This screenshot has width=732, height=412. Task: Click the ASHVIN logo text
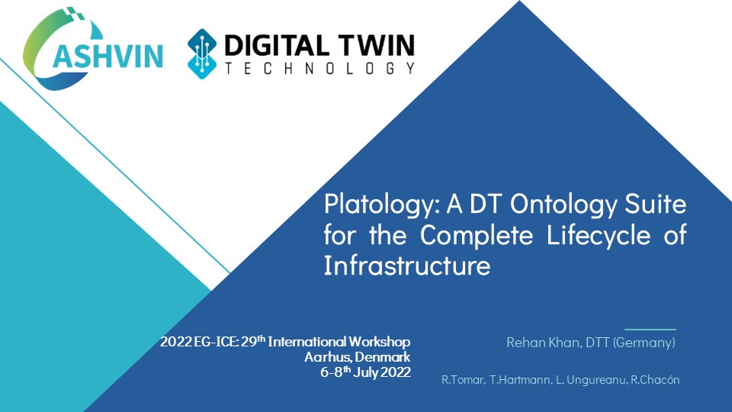(x=108, y=56)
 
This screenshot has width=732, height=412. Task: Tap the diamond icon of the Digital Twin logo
(x=201, y=53)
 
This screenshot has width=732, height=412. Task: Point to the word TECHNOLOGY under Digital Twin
(x=319, y=68)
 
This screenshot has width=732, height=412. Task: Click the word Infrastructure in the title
(x=407, y=266)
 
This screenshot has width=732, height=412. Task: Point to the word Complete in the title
(x=476, y=235)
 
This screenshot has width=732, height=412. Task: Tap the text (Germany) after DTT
(x=644, y=343)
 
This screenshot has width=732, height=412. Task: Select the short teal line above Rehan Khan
(x=650, y=330)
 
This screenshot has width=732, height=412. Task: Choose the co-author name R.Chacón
(x=655, y=380)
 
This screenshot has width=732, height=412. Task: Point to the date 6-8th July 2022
(x=365, y=372)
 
